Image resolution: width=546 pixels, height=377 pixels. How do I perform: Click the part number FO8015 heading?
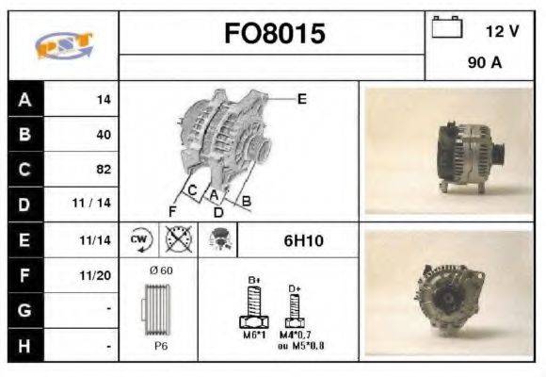coord(274,35)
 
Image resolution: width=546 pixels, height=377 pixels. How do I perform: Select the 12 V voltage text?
coord(502,31)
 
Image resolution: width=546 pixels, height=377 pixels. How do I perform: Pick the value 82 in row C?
coord(104,170)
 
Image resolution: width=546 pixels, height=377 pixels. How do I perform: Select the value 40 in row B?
coord(104,135)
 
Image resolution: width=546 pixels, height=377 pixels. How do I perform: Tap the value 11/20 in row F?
coord(97,276)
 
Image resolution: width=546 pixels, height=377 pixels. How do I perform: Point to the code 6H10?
coord(303,241)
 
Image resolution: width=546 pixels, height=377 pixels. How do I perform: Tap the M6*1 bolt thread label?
coord(254,336)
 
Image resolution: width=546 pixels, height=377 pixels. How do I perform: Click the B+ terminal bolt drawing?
coord(254,303)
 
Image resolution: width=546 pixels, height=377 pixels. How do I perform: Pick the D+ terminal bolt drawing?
coord(294,307)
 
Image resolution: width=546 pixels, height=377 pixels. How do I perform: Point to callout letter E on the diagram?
coord(302,97)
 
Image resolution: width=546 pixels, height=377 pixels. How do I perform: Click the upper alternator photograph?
coord(448,151)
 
